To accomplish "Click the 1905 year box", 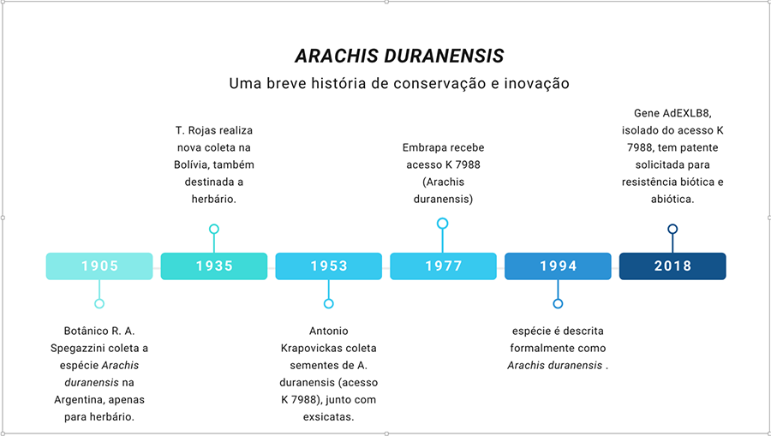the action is pos(99,266).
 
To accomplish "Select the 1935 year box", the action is pos(214,266).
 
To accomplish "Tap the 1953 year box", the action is pos(328,266).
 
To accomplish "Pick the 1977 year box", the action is pos(443,266).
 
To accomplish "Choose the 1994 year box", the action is pos(558,266).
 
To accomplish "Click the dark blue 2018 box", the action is pos(672,266).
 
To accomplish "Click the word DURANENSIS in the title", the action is pos(444,56).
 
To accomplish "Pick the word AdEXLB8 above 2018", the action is pos(686,113).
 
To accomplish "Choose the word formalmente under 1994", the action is pos(536,348).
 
